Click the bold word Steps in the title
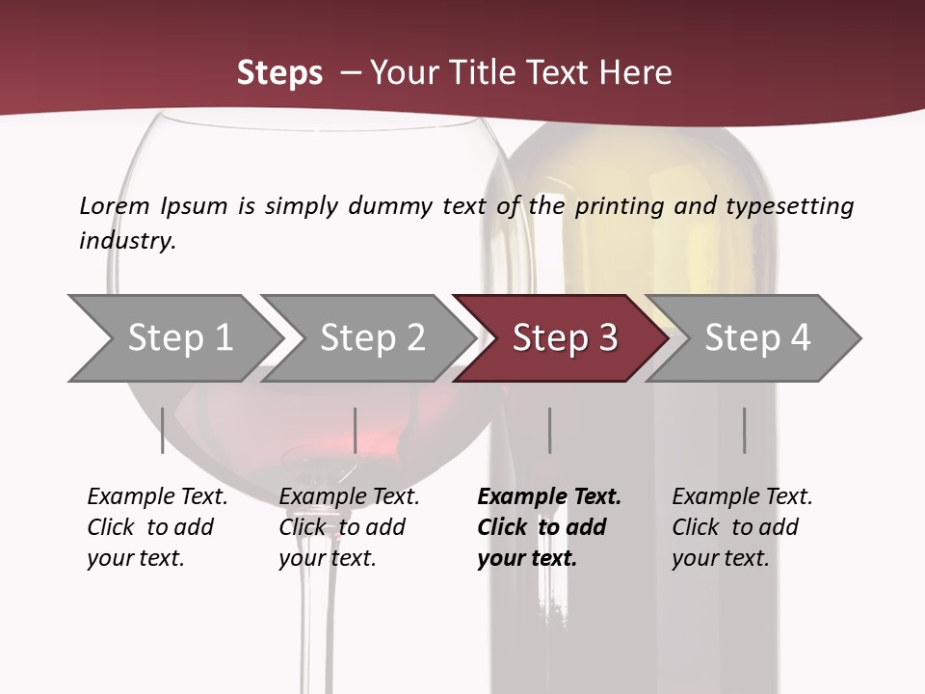click(x=279, y=73)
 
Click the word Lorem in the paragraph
click(x=115, y=205)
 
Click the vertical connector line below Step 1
click(x=162, y=430)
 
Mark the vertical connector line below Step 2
click(x=356, y=430)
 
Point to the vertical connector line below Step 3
click(x=549, y=430)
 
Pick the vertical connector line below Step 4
click(x=744, y=430)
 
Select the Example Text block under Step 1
click(x=157, y=527)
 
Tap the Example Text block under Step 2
click(x=349, y=527)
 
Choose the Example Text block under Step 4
click(x=742, y=527)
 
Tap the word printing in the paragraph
click(x=621, y=206)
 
